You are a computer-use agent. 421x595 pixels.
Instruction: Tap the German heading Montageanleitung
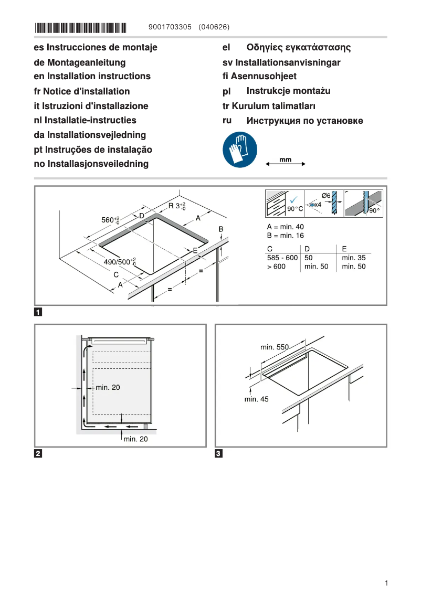79,62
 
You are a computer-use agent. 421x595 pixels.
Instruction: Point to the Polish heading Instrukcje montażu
288,91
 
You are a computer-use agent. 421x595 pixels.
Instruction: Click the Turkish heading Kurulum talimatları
269,106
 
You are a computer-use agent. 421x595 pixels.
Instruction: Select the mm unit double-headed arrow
286,164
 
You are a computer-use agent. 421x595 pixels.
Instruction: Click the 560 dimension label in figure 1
110,219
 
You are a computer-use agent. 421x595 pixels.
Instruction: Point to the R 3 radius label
176,206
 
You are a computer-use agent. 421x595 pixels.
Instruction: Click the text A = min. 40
286,227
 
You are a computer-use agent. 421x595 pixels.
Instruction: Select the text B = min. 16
286,236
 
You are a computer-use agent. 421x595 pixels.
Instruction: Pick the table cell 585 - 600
282,258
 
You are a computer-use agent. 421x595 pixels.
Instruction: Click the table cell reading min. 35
353,258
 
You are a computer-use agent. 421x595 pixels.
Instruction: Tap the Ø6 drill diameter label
326,196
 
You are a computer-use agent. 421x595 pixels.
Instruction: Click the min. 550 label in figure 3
275,347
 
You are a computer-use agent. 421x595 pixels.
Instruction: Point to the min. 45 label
256,399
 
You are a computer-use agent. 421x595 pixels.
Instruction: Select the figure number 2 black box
38,453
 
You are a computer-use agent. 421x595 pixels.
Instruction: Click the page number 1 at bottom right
386,583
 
